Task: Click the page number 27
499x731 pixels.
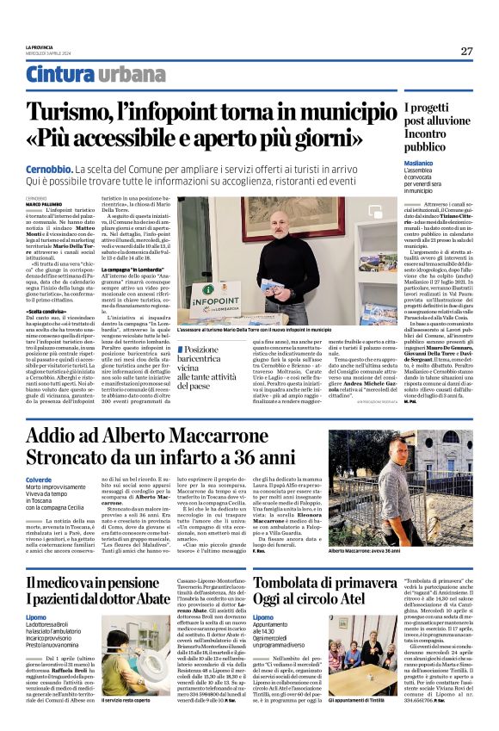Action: coord(466,51)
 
